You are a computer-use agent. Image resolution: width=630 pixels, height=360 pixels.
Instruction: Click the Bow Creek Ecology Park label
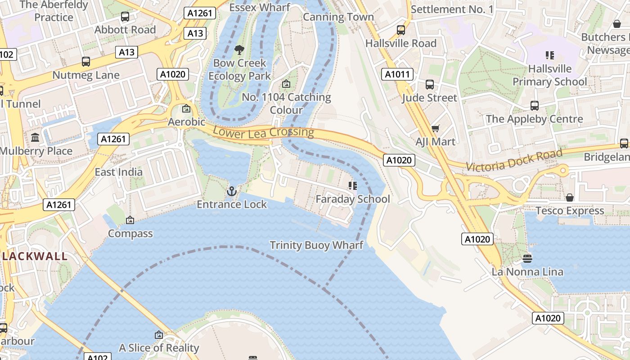tap(239, 69)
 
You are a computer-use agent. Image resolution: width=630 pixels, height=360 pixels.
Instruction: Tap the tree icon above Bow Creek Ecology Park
tap(239, 49)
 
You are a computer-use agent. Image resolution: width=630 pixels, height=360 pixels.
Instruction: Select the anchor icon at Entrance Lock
tap(232, 191)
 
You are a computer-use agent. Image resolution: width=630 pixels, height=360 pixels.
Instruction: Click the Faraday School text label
tap(353, 199)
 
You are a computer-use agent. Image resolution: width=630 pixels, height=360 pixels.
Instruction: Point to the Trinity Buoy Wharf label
tap(316, 245)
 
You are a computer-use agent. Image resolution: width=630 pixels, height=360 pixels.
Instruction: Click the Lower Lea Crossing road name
tap(263, 132)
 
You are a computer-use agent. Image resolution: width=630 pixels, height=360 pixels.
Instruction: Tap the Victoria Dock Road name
tap(514, 160)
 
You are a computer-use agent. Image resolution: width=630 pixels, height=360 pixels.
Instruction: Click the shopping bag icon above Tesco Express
tap(570, 198)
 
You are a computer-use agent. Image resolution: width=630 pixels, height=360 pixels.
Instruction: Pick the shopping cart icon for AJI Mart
tap(435, 129)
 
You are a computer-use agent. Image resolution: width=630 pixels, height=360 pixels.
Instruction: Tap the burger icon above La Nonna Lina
tap(527, 258)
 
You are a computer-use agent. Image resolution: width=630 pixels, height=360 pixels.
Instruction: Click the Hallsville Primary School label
tap(550, 75)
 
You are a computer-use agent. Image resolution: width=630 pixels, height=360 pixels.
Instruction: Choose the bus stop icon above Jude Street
tap(430, 85)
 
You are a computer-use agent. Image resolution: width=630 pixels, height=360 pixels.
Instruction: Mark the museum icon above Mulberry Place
tap(35, 138)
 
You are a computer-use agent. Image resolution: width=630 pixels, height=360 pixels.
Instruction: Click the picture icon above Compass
tap(130, 220)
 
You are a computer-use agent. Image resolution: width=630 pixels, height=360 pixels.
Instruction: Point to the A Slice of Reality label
tap(159, 348)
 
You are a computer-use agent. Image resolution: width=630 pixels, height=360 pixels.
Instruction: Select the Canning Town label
tap(338, 17)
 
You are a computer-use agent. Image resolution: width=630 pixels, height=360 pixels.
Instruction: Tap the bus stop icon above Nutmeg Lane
tap(85, 62)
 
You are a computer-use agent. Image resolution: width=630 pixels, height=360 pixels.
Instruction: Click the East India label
tap(118, 172)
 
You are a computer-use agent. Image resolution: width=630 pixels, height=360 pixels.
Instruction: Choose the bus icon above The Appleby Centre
tap(534, 106)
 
